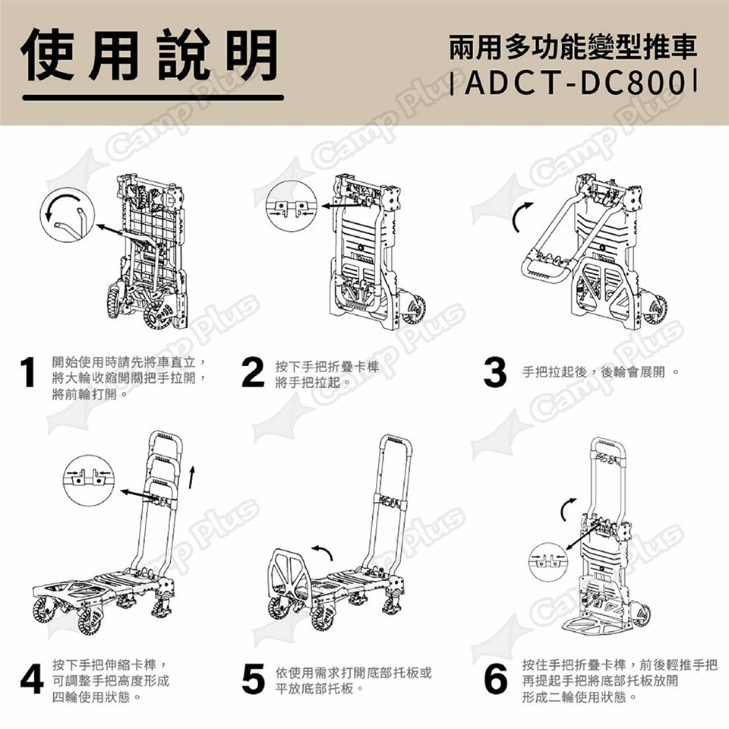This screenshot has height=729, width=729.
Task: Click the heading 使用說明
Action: pos(150,55)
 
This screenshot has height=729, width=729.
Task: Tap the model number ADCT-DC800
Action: pos(575,83)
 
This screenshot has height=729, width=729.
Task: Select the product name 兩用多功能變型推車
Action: pos(573,47)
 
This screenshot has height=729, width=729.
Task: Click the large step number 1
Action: pos(28,371)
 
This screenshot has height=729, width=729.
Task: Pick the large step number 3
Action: pos(494,372)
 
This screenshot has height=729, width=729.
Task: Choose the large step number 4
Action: pos(32,679)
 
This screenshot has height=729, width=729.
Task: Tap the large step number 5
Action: pos(253,679)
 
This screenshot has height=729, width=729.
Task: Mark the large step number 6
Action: pos(496,679)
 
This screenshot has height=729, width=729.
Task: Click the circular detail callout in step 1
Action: pos(67,215)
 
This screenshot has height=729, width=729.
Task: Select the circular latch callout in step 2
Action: pos(291,206)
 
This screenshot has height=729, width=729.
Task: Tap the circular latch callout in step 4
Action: pos(88,480)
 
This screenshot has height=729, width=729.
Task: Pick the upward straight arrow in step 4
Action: pos(191,478)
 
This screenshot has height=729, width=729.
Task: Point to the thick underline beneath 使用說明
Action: pos(153,98)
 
